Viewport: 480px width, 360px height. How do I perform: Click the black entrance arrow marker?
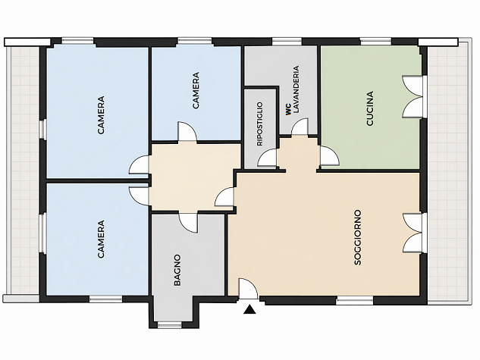[x=249, y=309]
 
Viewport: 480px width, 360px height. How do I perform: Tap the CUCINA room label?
[x=370, y=108]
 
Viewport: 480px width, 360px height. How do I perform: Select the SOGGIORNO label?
[x=358, y=237]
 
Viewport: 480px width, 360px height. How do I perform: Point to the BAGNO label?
[x=177, y=270]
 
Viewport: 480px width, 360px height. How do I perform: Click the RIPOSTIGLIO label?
[x=259, y=124]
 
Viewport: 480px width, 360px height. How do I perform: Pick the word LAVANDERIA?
[x=296, y=89]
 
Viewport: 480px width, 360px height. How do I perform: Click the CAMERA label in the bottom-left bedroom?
[x=101, y=239]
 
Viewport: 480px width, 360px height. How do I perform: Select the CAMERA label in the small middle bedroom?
[x=196, y=90]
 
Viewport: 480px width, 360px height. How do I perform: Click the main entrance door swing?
[x=248, y=288]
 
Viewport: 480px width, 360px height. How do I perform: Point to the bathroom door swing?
[x=188, y=223]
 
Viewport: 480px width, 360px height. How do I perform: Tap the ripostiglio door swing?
[x=267, y=158]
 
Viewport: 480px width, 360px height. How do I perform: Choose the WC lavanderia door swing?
[x=300, y=127]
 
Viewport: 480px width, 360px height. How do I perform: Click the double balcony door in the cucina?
[x=413, y=96]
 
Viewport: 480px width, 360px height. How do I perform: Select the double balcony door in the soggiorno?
[x=413, y=233]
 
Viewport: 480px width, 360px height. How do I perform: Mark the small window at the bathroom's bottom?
[x=169, y=325]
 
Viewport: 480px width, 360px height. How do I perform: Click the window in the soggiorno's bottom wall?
[x=355, y=301]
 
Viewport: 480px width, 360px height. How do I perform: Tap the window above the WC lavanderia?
[x=287, y=41]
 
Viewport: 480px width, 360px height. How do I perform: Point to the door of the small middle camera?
[x=187, y=132]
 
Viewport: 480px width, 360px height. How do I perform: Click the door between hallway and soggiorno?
[x=224, y=197]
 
